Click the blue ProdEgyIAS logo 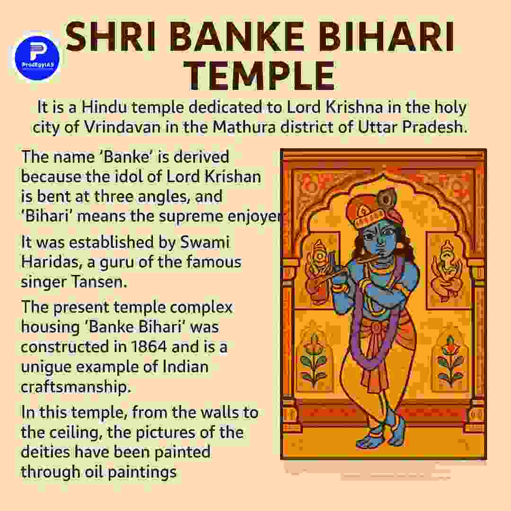tap(37, 57)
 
